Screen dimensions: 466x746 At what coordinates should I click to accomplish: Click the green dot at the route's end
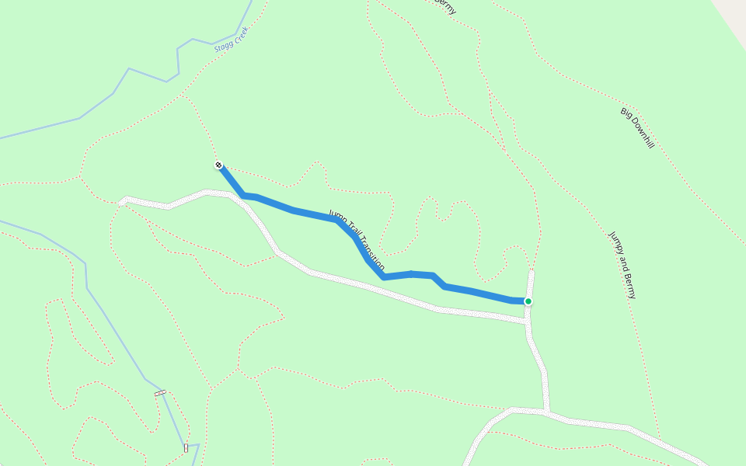(528, 301)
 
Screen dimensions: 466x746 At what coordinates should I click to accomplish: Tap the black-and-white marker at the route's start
(219, 165)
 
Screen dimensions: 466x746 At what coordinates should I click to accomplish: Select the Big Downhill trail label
(637, 127)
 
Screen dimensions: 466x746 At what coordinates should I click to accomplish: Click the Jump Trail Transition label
(357, 240)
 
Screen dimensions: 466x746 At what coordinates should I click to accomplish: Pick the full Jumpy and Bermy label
(622, 264)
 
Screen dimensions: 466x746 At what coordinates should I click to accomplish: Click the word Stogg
(222, 46)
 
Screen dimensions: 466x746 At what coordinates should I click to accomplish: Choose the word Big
(626, 113)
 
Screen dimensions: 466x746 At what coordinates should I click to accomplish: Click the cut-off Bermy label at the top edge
(445, 6)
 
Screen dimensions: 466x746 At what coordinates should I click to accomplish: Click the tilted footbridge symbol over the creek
(160, 393)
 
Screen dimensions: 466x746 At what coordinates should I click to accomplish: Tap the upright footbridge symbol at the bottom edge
(186, 447)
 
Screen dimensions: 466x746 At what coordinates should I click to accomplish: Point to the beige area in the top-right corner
(733, 12)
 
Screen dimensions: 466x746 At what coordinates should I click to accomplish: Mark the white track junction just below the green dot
(528, 321)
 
